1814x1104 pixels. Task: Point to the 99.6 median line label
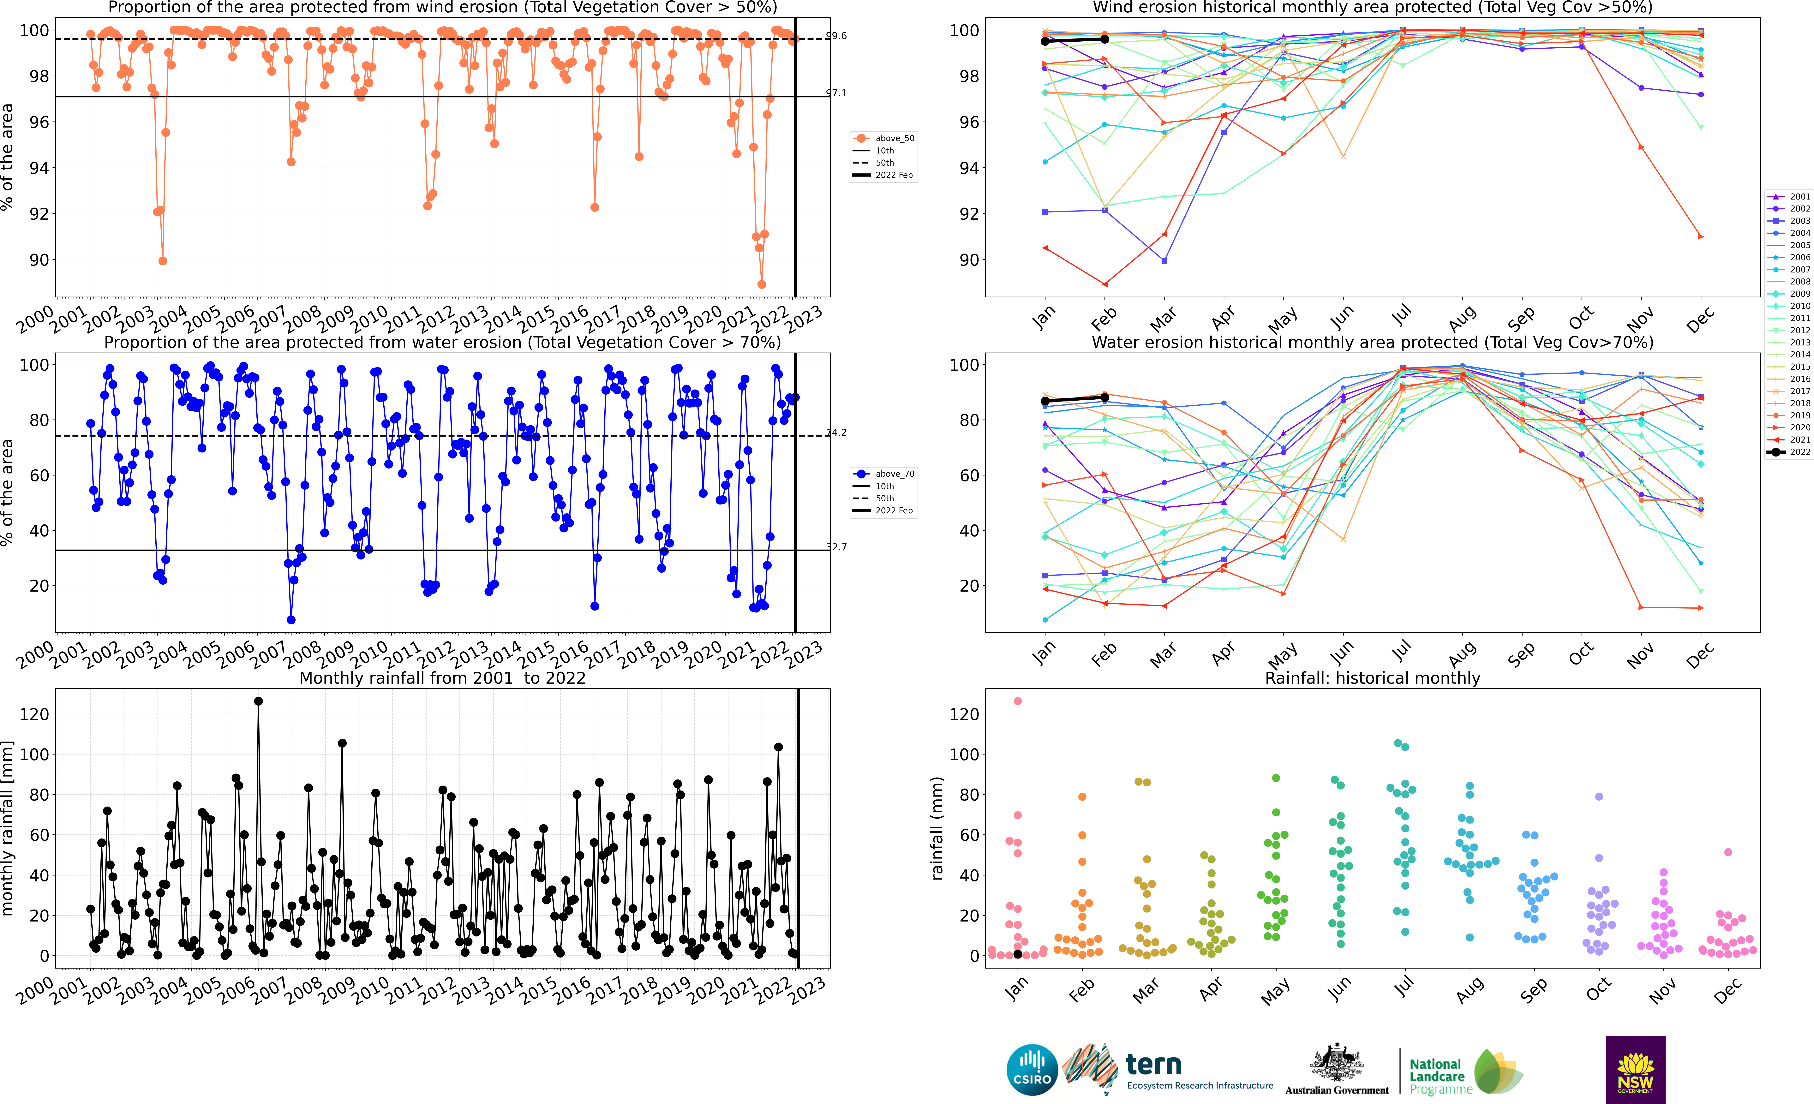pos(836,35)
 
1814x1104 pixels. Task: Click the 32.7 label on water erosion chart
pos(836,547)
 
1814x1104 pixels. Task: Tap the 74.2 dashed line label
pos(836,432)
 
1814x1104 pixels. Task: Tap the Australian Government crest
pos(1336,1064)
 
